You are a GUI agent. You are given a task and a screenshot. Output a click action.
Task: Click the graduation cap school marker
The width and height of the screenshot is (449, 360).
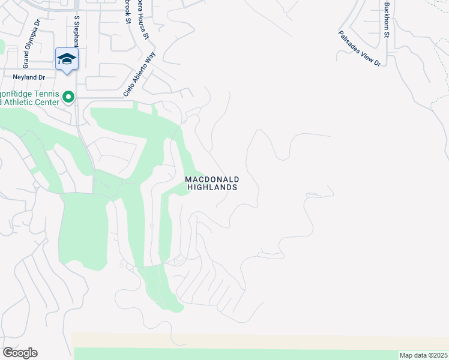click(67, 59)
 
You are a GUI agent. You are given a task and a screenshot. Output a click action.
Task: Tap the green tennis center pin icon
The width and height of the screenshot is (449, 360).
click(68, 96)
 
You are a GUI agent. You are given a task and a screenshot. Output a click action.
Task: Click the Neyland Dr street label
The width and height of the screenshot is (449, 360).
click(29, 77)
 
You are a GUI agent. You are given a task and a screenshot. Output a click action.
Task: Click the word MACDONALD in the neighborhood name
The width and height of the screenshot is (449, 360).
click(212, 179)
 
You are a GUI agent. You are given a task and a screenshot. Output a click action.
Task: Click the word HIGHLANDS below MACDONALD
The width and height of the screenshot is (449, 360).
click(212, 187)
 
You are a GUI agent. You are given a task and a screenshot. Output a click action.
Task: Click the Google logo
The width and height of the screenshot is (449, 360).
click(20, 353)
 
